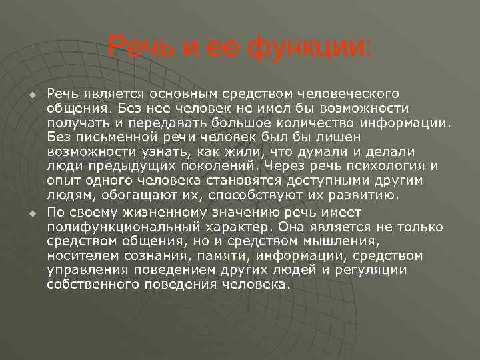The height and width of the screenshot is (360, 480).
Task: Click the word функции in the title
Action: tap(308, 47)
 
